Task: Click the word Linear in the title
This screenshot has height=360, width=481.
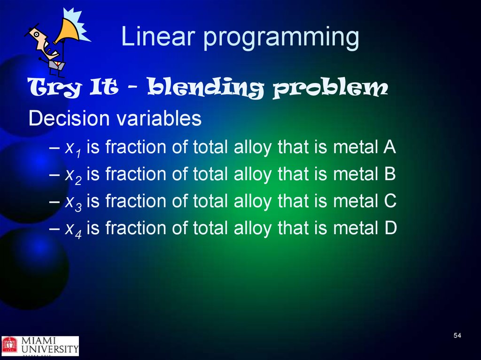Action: pos(158,36)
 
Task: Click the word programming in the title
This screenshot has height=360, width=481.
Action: pos(281,38)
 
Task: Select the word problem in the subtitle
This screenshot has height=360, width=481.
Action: pos(330,88)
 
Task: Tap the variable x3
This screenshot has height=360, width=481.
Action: pos(73,203)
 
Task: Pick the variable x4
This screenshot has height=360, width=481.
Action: pos(73,230)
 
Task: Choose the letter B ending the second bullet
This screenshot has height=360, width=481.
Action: pos(389,174)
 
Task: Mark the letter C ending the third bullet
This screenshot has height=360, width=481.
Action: pos(390,200)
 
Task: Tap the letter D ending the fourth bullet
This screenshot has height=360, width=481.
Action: pos(390,228)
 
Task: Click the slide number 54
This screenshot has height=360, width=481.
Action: pos(457,336)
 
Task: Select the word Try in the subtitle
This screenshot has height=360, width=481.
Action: pos(54,87)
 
